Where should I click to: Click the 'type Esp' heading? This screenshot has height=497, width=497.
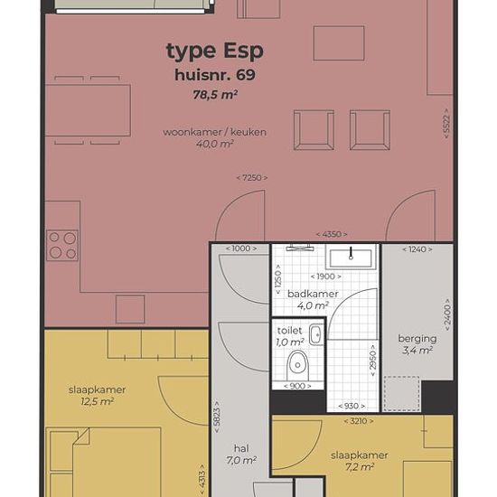click(x=214, y=51)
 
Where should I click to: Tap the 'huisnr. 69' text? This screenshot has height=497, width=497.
click(x=215, y=75)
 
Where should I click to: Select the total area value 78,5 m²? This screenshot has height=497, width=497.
click(x=216, y=95)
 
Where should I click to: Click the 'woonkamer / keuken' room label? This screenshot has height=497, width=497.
click(x=214, y=132)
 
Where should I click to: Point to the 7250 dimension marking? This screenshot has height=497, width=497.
click(x=252, y=178)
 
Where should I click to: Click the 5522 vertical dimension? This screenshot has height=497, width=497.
click(x=446, y=123)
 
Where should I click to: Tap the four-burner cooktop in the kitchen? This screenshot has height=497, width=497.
click(x=62, y=245)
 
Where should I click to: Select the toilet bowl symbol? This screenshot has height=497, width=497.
click(x=297, y=365)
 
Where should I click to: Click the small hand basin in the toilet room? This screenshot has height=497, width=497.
click(x=316, y=334)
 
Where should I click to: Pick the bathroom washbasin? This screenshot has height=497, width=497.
click(x=351, y=258)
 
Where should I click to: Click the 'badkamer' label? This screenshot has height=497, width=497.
click(x=313, y=294)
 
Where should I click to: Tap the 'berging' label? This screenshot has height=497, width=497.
click(x=417, y=339)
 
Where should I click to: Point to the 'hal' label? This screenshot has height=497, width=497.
click(x=241, y=448)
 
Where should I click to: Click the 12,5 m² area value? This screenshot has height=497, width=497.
click(x=97, y=401)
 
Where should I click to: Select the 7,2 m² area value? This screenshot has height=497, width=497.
click(x=360, y=467)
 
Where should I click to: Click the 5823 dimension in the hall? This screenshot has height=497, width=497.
click(x=217, y=417)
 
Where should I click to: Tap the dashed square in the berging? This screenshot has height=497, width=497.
click(x=401, y=394)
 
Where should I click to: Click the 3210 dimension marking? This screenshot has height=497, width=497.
click(x=359, y=421)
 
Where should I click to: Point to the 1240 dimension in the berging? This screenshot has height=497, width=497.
click(x=417, y=249)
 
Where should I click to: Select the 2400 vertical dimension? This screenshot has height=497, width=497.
click(x=447, y=314)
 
